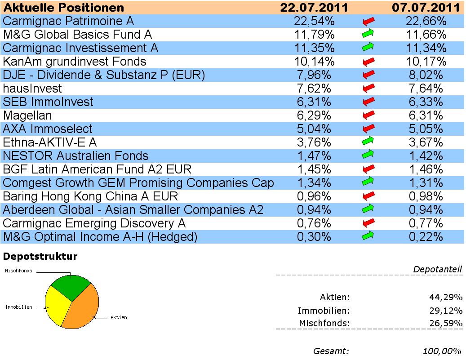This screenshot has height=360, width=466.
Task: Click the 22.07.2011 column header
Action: [x=315, y=8]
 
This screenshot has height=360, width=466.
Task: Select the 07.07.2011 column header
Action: [x=426, y=8]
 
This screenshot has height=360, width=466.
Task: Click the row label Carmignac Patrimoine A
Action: [x=69, y=21]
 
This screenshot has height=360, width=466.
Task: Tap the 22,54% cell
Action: [x=315, y=21]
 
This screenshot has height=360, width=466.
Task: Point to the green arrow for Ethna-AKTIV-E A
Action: [x=368, y=142]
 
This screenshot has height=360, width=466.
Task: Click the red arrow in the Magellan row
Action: [x=368, y=115]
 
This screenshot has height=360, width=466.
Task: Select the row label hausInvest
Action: [x=32, y=89]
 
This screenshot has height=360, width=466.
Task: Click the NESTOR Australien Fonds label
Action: [x=75, y=156]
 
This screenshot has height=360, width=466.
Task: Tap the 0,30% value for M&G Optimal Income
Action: [x=315, y=237]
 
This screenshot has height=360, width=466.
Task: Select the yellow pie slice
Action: [x=56, y=306]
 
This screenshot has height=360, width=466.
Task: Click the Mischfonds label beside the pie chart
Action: [x=18, y=271]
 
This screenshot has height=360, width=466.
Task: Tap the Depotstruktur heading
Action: [x=40, y=257]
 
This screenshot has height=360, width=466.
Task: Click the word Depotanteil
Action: [x=437, y=269]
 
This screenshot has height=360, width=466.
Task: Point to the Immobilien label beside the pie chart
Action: [x=18, y=307]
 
